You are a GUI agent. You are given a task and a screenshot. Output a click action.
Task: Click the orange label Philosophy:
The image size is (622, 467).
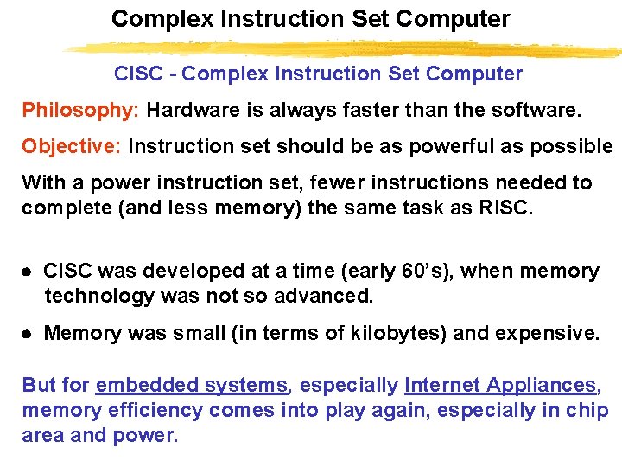point(81,111)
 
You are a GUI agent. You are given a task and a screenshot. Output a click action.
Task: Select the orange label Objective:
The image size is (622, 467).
point(73,146)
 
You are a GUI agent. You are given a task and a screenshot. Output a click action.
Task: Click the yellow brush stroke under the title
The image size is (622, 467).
point(346,48)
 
